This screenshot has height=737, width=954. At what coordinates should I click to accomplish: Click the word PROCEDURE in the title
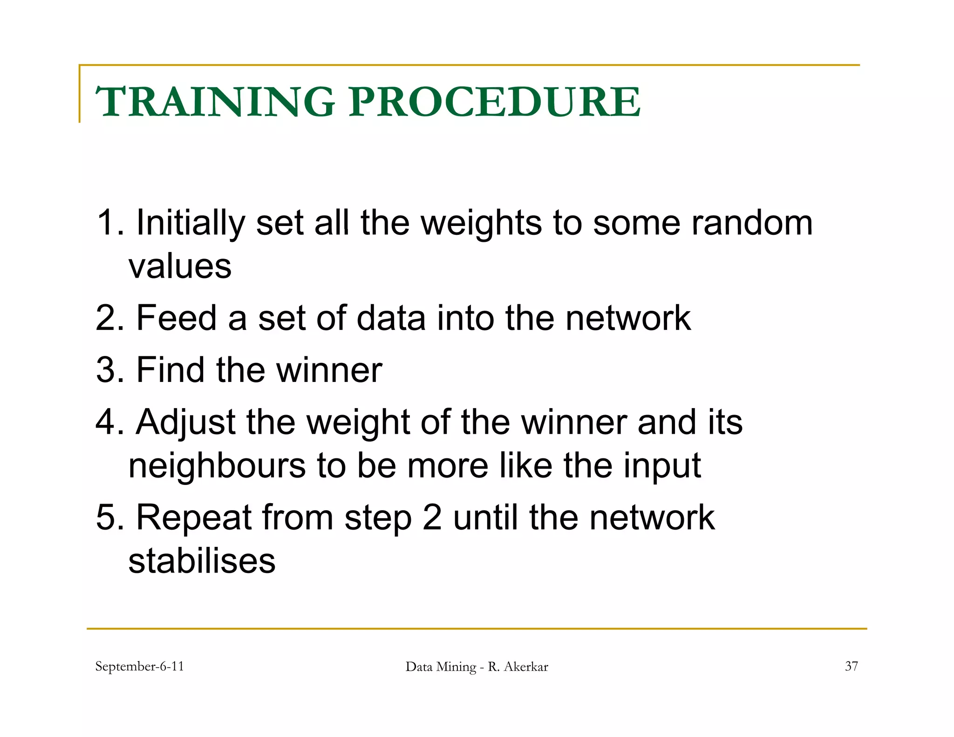(x=495, y=102)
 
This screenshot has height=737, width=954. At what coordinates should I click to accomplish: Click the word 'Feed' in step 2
(x=177, y=318)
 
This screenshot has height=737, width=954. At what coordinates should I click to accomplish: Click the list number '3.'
(x=110, y=370)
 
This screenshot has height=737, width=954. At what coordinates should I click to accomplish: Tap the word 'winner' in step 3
(x=329, y=370)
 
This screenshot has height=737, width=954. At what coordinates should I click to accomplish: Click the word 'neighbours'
(x=217, y=466)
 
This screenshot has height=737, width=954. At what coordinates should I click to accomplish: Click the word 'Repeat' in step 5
(x=193, y=518)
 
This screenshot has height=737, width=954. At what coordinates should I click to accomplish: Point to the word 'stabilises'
(x=202, y=561)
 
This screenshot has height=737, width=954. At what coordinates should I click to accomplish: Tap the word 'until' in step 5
(x=485, y=518)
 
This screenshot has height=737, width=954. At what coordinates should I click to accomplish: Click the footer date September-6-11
(x=139, y=667)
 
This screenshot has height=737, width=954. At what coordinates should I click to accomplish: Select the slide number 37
(x=851, y=667)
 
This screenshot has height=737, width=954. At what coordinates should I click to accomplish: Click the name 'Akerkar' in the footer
(x=526, y=667)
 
